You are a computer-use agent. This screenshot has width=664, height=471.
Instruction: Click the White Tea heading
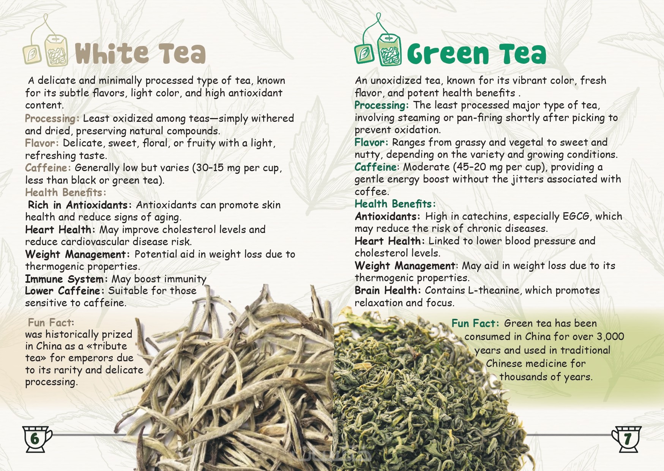(x=140, y=53)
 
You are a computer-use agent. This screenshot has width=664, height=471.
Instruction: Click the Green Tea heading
(x=476, y=54)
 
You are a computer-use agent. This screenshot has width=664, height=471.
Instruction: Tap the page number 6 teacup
(x=36, y=439)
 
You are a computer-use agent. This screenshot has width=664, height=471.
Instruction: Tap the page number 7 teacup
(x=627, y=439)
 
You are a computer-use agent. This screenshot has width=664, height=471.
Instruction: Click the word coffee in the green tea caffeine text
(x=371, y=192)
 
